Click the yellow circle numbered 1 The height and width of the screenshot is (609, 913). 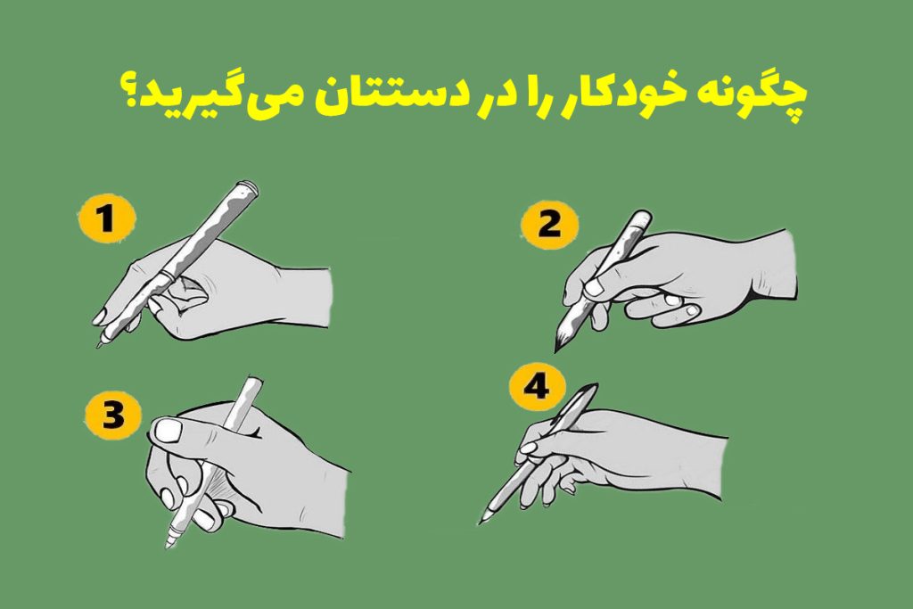(106, 218)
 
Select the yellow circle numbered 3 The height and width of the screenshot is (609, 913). (111, 416)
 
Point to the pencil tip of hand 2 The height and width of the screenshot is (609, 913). (557, 350)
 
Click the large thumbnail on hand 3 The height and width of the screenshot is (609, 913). (168, 432)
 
